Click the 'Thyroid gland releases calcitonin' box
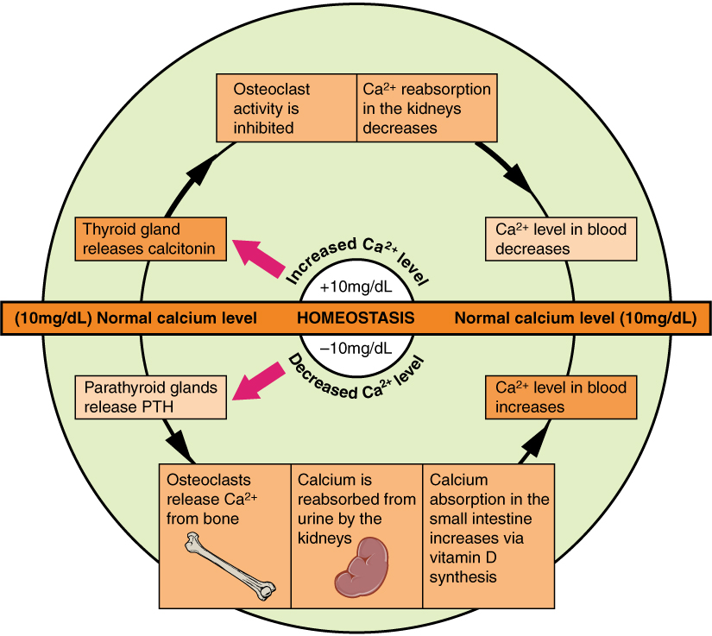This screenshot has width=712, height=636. pos(151,239)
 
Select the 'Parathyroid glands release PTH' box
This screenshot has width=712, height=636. pos(151,397)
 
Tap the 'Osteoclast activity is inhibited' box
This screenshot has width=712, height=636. pos(286,109)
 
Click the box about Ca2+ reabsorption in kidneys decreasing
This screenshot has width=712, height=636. pos(426,109)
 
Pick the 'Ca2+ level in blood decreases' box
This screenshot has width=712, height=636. pos(562,239)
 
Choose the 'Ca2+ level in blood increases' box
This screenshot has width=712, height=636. pos(562,397)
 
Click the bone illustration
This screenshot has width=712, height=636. pos(230,566)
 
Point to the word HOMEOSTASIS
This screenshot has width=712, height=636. pos(356,318)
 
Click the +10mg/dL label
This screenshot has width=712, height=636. pos(356,286)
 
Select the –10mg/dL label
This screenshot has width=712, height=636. pos(356,349)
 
